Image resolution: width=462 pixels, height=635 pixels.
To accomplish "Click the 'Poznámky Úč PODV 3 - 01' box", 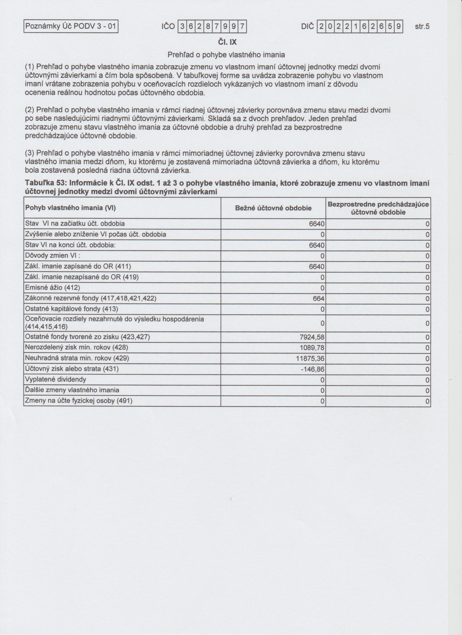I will tap(71, 27).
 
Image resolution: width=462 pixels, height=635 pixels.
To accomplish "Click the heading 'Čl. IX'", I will tap(227, 42).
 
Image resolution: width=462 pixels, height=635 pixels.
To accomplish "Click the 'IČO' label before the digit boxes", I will tap(168, 27).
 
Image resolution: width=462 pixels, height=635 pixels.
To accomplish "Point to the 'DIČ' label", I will tap(307, 27).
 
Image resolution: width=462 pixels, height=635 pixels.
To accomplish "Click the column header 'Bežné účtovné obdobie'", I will tap(273, 208).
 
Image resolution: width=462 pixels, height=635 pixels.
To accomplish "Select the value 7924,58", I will tap(312, 337).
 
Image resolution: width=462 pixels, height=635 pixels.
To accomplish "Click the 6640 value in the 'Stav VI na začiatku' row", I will tap(317, 224).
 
